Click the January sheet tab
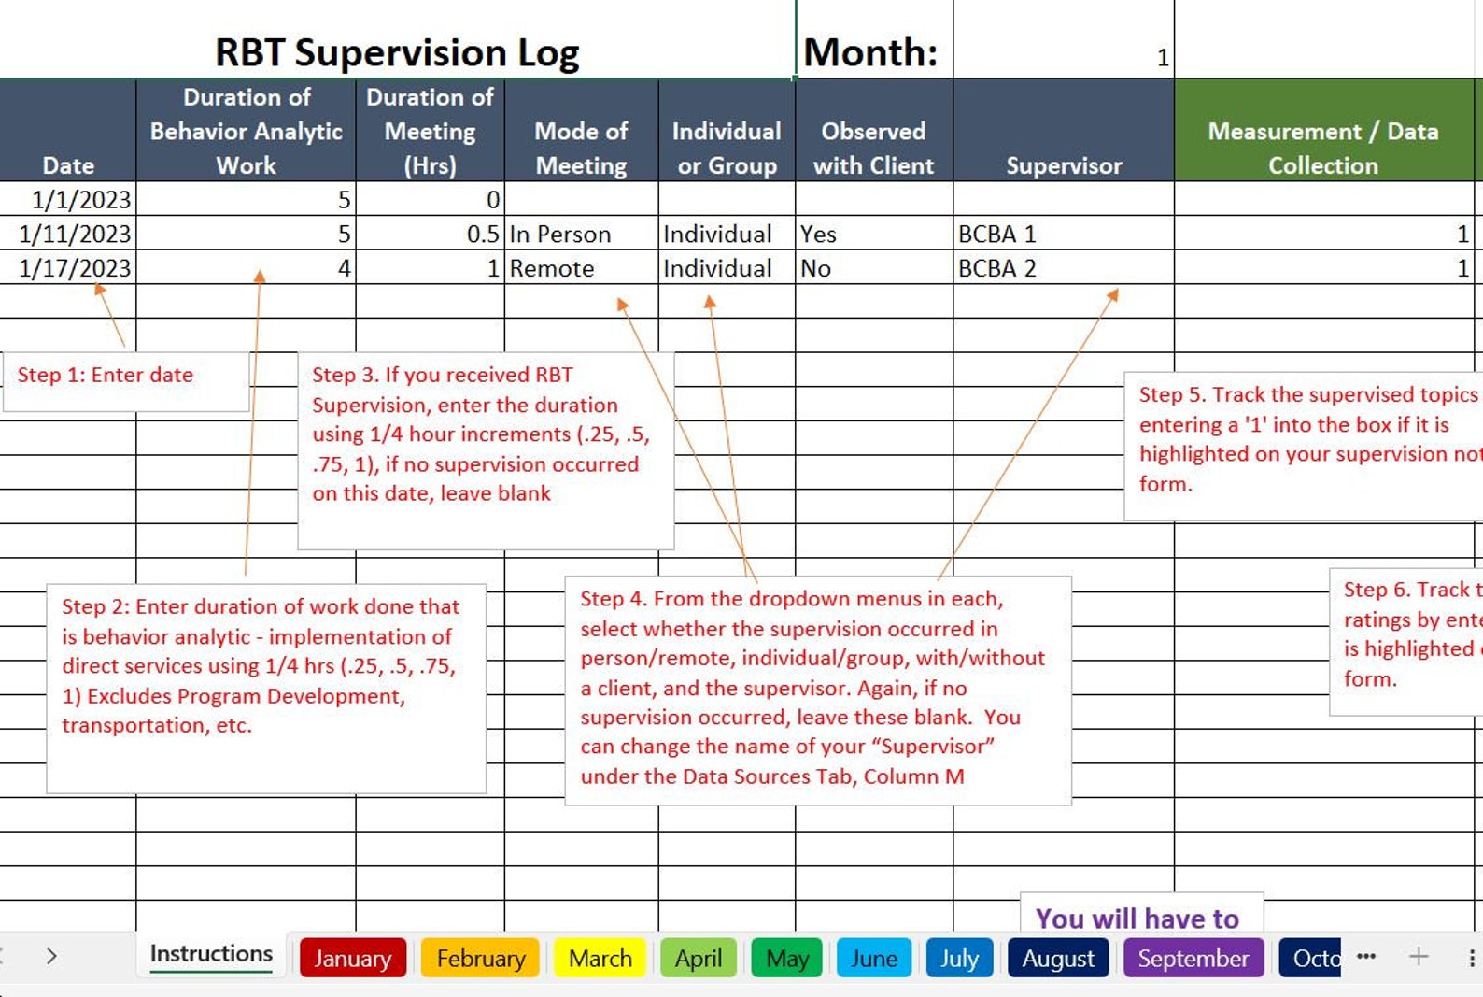pos(352,959)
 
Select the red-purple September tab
pos(1193,959)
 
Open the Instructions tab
pos(211,954)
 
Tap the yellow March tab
pos(600,959)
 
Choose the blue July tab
pos(959,959)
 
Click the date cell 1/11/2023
pos(75,234)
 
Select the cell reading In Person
pos(560,234)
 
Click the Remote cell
pos(552,268)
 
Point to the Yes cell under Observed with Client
pos(818,234)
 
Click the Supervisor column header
pos(1064,165)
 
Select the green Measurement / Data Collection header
pos(1322,148)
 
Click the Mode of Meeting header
pos(581,148)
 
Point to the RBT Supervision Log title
pos(397,52)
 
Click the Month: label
pos(870,52)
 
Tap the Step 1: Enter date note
pos(106,375)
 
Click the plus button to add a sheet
pos(1418,956)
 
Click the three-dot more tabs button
pos(1365,956)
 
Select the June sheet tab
pos(873,959)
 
